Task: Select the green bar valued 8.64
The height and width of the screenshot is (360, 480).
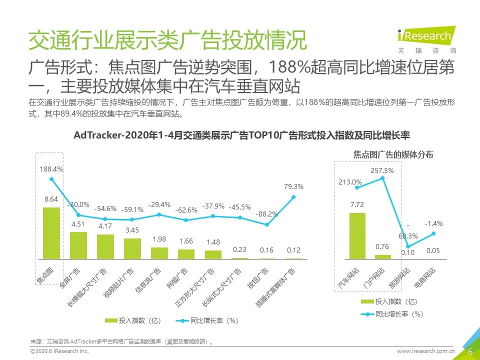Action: coord(51,233)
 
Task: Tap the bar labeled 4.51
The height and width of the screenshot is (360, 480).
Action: coord(78,245)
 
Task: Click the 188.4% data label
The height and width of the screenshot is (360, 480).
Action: coord(51,169)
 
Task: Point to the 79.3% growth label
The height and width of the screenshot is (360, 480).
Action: coord(293,186)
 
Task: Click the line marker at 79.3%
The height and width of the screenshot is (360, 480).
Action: coord(293,197)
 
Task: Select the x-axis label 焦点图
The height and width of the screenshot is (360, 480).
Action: coord(45,274)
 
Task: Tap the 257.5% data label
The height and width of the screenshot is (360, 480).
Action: coord(382,170)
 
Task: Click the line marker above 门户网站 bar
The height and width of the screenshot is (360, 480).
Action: coord(383,178)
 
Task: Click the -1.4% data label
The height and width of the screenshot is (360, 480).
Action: coord(433,223)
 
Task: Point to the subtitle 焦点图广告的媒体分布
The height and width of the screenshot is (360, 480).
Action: coord(393,155)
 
